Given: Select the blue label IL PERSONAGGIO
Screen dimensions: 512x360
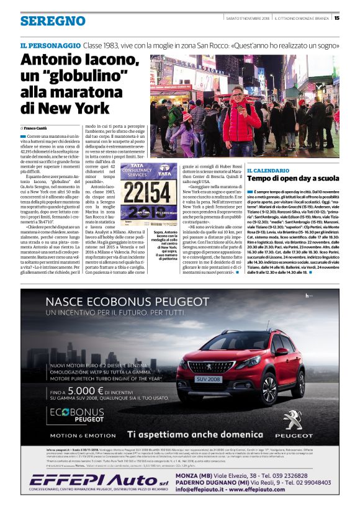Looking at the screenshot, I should pos(50,45).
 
